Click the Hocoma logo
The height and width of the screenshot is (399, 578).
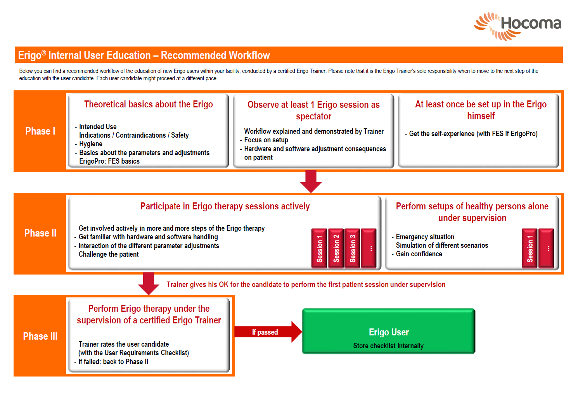[x=517, y=26]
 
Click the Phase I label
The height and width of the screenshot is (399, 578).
[x=40, y=131]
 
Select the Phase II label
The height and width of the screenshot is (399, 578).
[x=40, y=233]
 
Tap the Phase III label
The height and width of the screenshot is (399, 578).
[x=40, y=336]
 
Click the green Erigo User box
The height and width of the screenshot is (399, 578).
[x=389, y=331]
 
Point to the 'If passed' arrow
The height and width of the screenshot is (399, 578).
[x=268, y=332]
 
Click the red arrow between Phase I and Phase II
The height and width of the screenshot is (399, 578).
[x=311, y=181]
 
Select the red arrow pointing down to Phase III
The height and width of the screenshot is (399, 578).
[x=149, y=283]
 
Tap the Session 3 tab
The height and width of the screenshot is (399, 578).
[x=352, y=248]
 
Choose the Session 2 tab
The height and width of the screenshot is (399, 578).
[x=336, y=248]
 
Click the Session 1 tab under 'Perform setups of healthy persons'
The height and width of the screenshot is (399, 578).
[x=530, y=248]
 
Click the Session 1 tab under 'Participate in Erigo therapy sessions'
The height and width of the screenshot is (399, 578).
[x=319, y=248]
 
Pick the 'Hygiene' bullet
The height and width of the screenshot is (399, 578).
[x=88, y=143]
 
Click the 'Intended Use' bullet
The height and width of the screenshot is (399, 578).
[x=95, y=127]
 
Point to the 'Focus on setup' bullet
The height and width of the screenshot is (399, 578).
[x=264, y=140]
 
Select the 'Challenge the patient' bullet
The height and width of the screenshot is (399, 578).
[x=106, y=254]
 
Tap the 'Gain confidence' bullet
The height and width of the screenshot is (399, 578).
[x=417, y=254]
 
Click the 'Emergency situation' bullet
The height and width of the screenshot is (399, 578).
[x=423, y=237]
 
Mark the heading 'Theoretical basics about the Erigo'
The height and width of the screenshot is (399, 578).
[x=148, y=104]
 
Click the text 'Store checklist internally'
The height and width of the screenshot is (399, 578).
[x=388, y=345]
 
